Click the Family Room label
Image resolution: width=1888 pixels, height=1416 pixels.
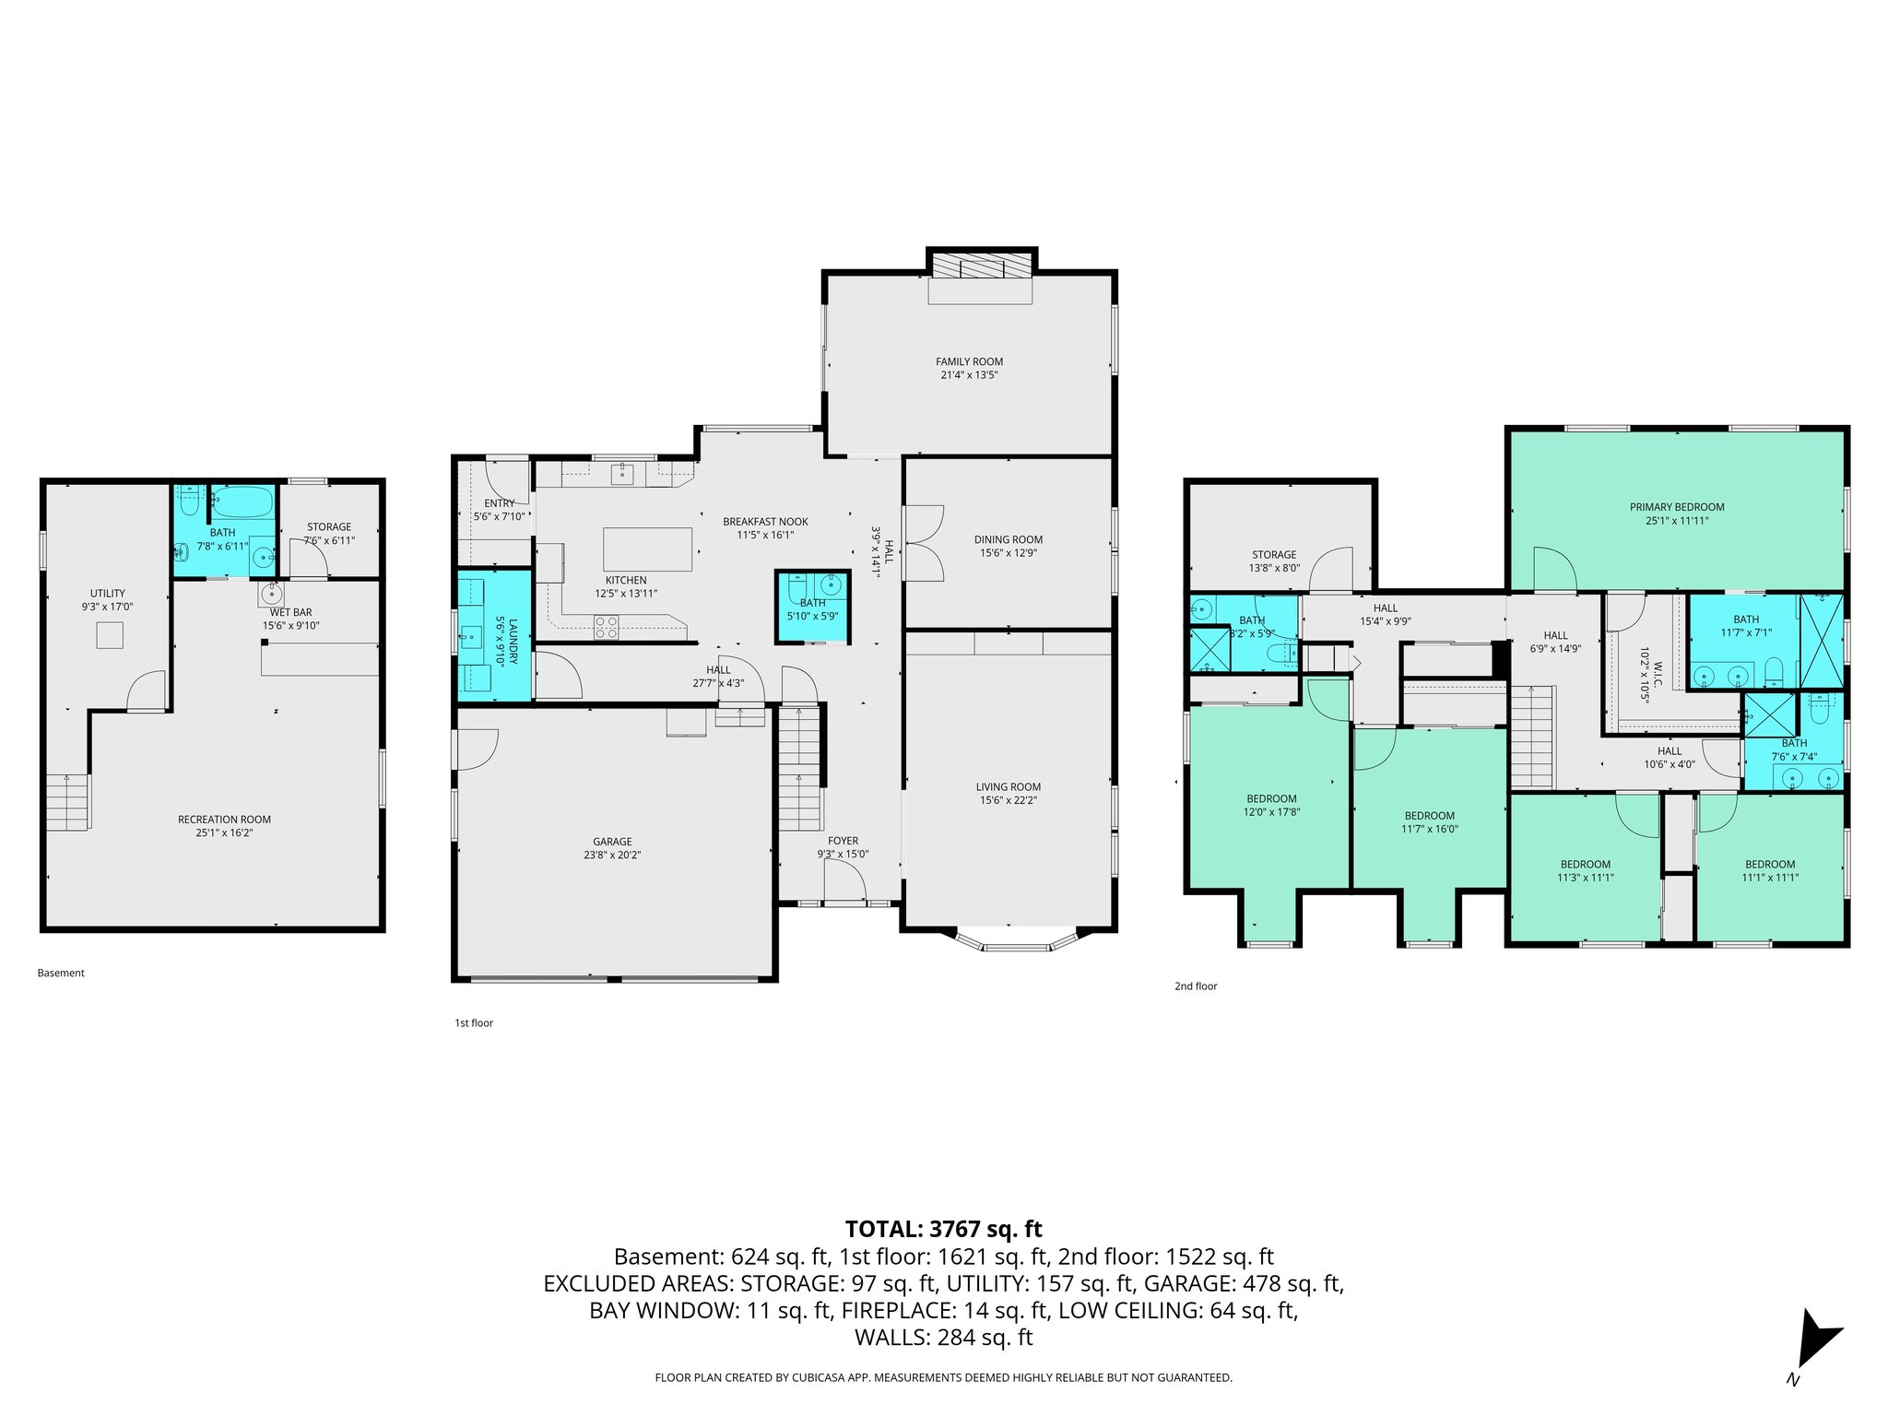point(969,361)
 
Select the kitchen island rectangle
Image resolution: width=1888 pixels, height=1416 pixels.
point(647,549)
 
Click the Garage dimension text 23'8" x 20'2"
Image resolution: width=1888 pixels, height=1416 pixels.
point(612,855)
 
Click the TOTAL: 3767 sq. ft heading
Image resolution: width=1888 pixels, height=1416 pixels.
point(943,1228)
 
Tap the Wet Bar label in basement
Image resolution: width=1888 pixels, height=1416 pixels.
point(290,612)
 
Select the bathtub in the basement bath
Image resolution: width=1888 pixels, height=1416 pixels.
point(242,502)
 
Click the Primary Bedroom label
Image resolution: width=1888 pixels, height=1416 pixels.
point(1676,507)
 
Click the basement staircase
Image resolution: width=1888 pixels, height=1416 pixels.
point(69,802)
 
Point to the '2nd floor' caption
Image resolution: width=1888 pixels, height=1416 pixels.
point(1195,986)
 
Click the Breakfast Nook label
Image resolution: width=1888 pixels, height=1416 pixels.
point(765,522)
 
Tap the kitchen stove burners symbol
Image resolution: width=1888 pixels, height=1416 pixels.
point(606,627)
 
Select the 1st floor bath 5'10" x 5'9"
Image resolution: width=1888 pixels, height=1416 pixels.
point(812,608)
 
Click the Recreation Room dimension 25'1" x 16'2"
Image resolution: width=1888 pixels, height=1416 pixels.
point(224,832)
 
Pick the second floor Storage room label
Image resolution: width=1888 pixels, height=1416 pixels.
point(1274,555)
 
